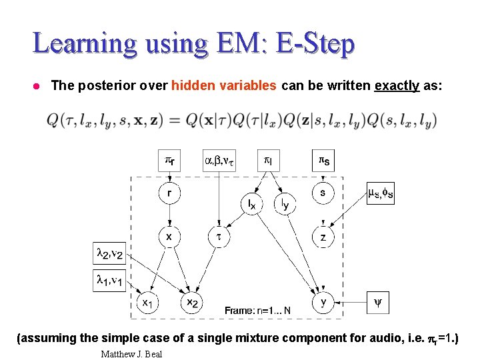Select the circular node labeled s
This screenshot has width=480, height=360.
tap(323, 193)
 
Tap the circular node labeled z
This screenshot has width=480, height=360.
tap(323, 237)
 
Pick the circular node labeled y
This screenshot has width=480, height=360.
tap(323, 302)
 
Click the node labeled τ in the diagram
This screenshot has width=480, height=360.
tap(219, 237)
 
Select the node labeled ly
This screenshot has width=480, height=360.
tap(285, 203)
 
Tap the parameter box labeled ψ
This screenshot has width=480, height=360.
tap(377, 302)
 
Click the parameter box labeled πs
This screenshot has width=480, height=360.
tap(323, 160)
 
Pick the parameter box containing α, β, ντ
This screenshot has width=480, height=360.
tap(219, 160)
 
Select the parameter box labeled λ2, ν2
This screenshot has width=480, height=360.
tap(107, 253)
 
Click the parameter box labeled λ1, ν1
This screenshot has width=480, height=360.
tap(107, 279)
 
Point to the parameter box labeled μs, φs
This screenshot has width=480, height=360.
tap(380, 193)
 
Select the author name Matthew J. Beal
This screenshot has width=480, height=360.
tap(131, 353)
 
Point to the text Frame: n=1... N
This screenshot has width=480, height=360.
tap(257, 310)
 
